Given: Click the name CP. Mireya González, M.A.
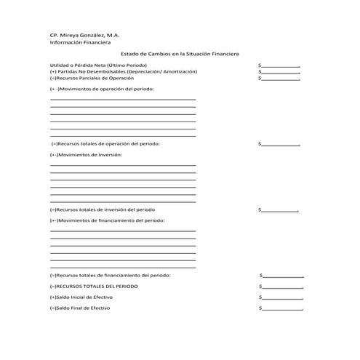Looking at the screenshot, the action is [x=84, y=34].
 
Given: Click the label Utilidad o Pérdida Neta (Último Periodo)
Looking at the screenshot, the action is [x=98, y=65].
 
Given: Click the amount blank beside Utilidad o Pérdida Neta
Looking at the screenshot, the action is [x=281, y=66].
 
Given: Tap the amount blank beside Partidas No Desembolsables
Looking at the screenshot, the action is [x=281, y=72].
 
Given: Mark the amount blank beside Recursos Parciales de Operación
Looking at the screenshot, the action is [x=281, y=79].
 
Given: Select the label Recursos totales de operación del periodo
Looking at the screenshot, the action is [x=105, y=144].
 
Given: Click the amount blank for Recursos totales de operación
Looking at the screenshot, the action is [x=281, y=145].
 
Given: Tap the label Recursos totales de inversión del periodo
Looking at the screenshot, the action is [x=103, y=209].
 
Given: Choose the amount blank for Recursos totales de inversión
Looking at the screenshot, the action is [x=280, y=210].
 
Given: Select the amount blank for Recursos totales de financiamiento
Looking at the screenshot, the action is [x=283, y=276].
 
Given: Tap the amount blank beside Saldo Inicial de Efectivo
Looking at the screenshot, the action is [x=283, y=297].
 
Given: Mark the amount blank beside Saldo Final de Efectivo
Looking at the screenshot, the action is [x=283, y=308].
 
